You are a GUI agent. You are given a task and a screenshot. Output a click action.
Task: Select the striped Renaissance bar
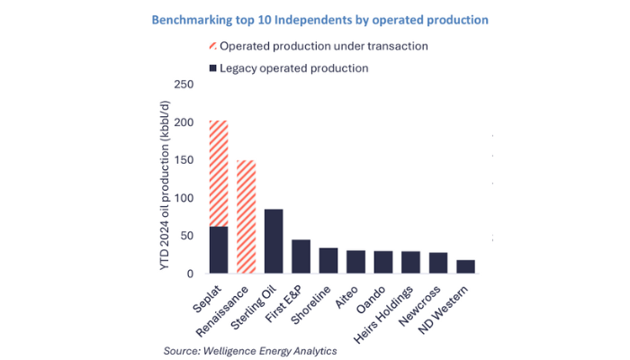click(246, 216)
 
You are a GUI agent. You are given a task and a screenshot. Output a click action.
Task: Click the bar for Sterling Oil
click(274, 240)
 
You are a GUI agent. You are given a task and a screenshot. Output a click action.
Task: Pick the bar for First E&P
click(301, 256)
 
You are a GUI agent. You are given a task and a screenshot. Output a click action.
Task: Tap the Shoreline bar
click(328, 260)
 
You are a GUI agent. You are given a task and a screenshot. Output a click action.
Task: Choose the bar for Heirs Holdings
click(411, 262)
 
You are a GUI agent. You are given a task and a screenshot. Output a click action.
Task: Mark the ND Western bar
click(466, 266)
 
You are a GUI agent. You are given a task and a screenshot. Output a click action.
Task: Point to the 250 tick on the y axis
click(183, 85)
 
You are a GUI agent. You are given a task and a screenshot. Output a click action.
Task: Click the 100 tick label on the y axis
click(183, 198)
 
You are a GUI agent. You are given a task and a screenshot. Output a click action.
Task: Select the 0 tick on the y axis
click(189, 274)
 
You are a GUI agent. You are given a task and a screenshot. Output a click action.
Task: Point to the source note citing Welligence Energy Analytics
click(250, 350)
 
